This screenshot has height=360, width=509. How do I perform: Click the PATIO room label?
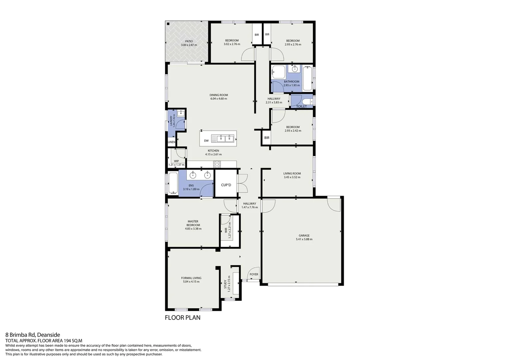click(x=189, y=41)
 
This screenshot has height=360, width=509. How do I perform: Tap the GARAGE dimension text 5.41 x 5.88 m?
click(x=304, y=239)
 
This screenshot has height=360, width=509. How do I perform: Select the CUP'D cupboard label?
click(x=226, y=185)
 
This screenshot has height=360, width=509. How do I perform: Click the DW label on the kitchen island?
click(x=206, y=141)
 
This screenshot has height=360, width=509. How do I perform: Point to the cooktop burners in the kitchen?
click(x=217, y=164)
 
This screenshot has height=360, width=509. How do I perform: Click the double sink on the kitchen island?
click(x=225, y=138)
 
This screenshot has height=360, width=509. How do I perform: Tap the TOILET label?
click(x=301, y=107)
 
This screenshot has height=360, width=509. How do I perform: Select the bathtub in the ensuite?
click(x=173, y=183)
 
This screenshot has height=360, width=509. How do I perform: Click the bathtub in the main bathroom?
click(x=307, y=79)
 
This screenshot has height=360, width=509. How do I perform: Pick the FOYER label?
click(x=254, y=274)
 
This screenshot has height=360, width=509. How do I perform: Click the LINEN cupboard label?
click(x=171, y=142)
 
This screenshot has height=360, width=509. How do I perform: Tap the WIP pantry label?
click(x=176, y=161)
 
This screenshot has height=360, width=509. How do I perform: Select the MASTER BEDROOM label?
click(x=193, y=223)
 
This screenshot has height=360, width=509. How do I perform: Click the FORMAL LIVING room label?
click(x=191, y=278)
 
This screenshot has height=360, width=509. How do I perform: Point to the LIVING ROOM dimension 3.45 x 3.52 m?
click(x=292, y=177)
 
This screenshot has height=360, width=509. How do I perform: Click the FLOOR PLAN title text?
click(x=183, y=318)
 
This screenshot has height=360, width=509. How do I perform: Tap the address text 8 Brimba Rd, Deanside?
click(x=33, y=335)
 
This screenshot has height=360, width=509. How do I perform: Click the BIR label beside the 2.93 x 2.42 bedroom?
click(x=266, y=138)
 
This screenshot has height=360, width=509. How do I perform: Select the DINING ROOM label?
click(x=219, y=95)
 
